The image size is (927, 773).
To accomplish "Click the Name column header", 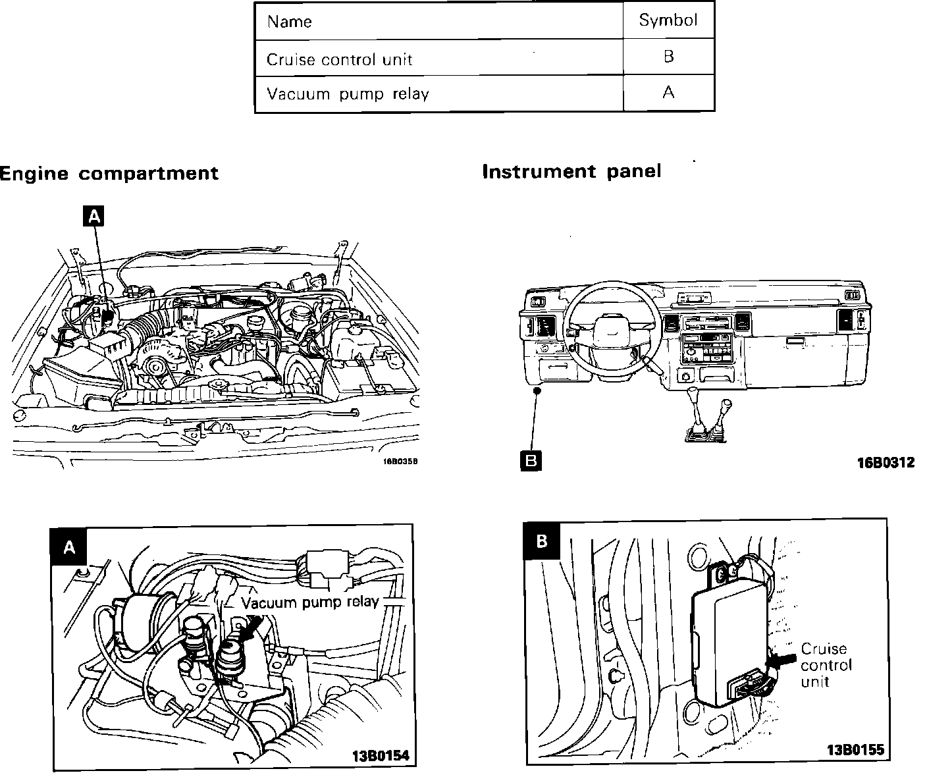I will (289, 22).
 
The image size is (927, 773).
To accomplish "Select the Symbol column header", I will (668, 20).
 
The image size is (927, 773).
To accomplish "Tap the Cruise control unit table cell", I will (339, 59).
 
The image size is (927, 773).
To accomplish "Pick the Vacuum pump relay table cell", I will (347, 93).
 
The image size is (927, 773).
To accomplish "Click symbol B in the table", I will (668, 57).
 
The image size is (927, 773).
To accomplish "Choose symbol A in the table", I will (668, 93).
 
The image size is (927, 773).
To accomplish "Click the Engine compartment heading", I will (109, 174).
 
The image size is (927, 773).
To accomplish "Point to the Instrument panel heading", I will (571, 172).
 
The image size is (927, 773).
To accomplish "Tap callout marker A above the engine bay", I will (94, 215).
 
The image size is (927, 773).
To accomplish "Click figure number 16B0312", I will (886, 463).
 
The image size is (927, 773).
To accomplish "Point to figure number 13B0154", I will (381, 755).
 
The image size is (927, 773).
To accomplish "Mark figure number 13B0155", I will (855, 749).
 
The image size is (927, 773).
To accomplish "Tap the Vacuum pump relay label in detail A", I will (309, 602).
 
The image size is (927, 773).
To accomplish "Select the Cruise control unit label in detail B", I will (826, 665).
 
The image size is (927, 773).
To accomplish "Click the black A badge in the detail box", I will (69, 547).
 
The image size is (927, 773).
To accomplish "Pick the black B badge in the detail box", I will (541, 541).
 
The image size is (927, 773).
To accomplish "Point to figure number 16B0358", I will (400, 461).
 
